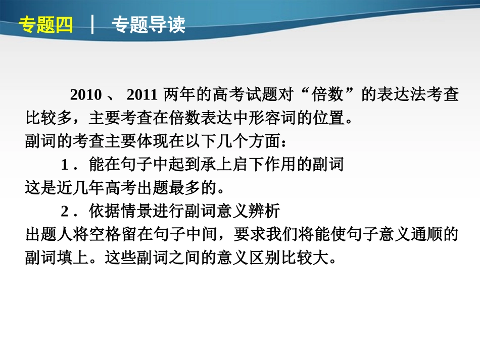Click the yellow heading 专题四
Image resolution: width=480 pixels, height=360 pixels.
tap(46, 24)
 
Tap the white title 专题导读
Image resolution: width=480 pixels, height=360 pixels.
tap(148, 24)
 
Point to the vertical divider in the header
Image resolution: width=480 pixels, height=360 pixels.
tap(92, 24)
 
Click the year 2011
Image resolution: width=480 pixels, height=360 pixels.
tap(143, 95)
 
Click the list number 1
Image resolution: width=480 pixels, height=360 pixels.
tap(65, 165)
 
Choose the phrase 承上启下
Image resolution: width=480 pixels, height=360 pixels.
tap(230, 165)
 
